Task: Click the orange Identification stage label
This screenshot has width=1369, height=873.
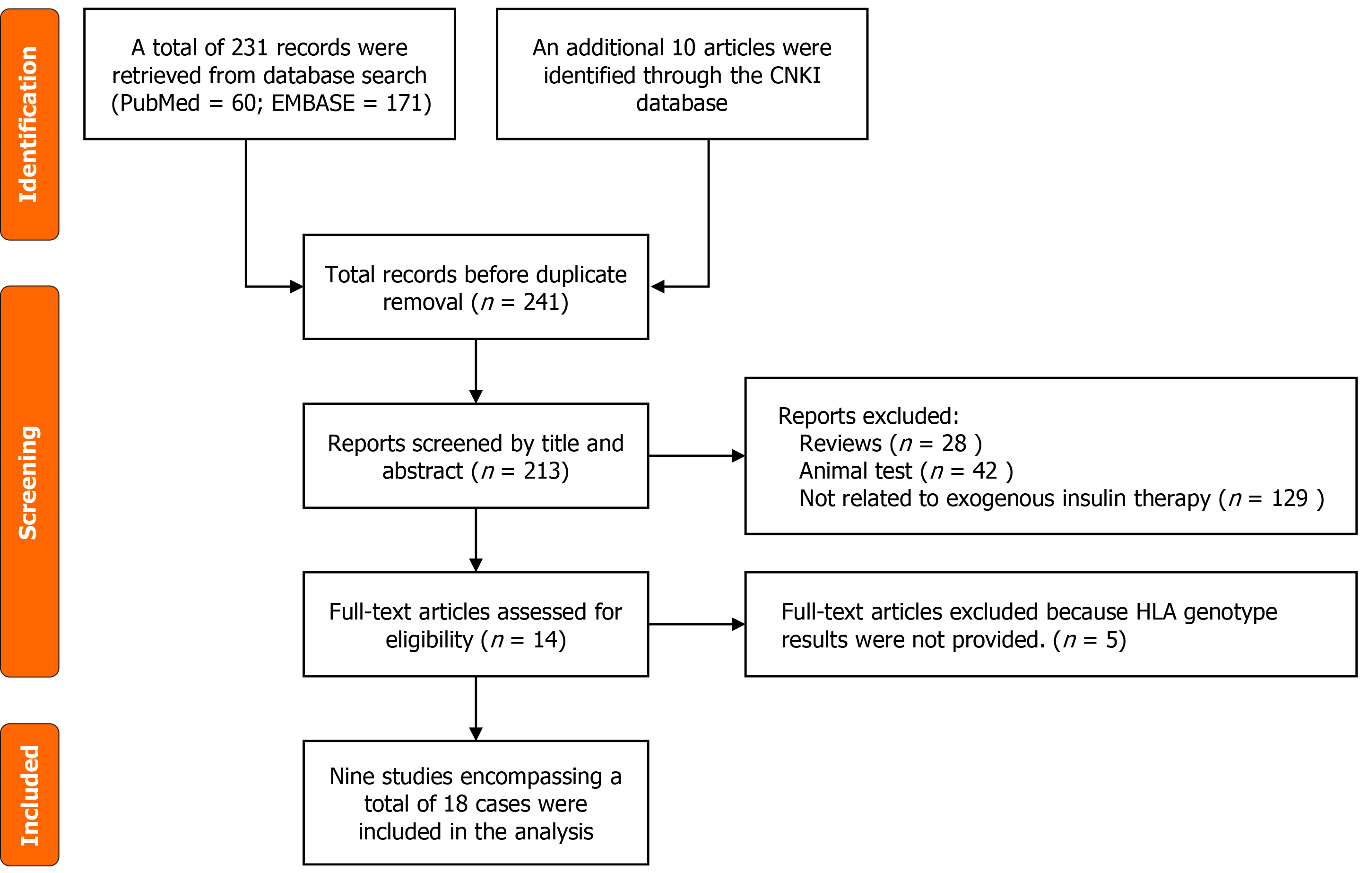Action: click(30, 124)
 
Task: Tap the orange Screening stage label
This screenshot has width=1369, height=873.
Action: click(30, 481)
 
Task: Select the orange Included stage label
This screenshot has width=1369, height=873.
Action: click(30, 794)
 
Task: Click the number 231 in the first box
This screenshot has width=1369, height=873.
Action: click(249, 48)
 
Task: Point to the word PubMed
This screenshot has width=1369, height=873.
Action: click(160, 104)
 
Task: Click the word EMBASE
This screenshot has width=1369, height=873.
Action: click(313, 104)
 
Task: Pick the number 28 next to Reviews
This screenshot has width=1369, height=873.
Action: click(954, 444)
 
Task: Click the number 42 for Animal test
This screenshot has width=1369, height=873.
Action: click(985, 471)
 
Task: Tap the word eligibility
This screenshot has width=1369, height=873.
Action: click(429, 640)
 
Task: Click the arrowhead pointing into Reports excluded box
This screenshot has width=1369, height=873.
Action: click(738, 455)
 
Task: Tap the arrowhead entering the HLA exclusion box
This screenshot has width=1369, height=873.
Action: click(738, 624)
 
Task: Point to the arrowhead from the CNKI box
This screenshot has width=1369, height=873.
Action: click(658, 287)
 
